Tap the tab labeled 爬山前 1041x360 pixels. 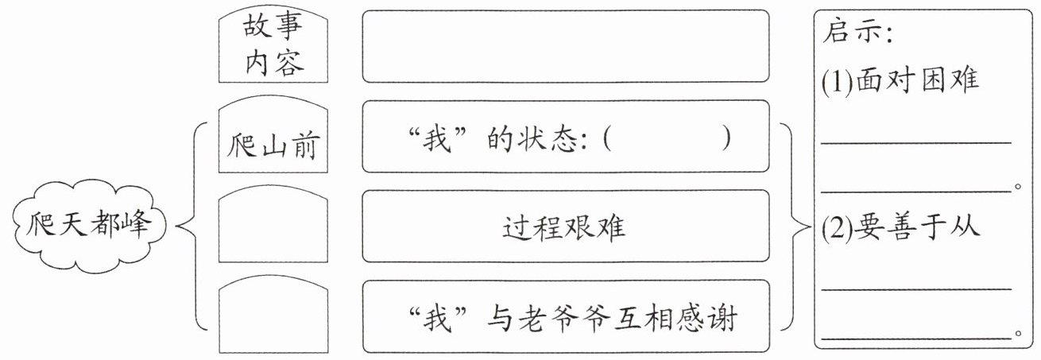click(273, 144)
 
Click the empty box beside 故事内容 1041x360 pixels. click(565, 45)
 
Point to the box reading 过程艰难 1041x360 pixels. click(565, 226)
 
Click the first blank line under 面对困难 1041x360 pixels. click(915, 142)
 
